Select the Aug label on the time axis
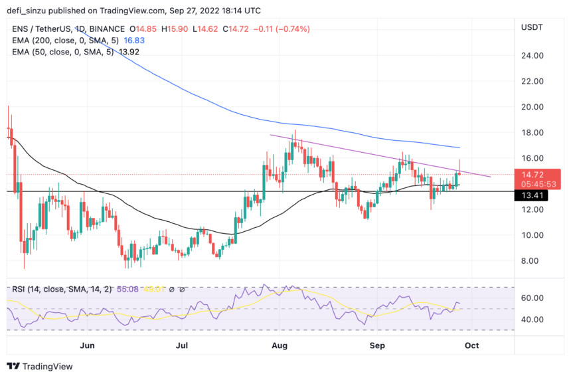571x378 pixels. pos(279,345)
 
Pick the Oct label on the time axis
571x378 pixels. pos(472,345)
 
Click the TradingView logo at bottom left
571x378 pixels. pos(39,366)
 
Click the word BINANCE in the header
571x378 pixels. pos(107,29)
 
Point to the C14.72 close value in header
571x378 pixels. pos(238,29)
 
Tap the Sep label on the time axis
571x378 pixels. pos(377,345)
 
